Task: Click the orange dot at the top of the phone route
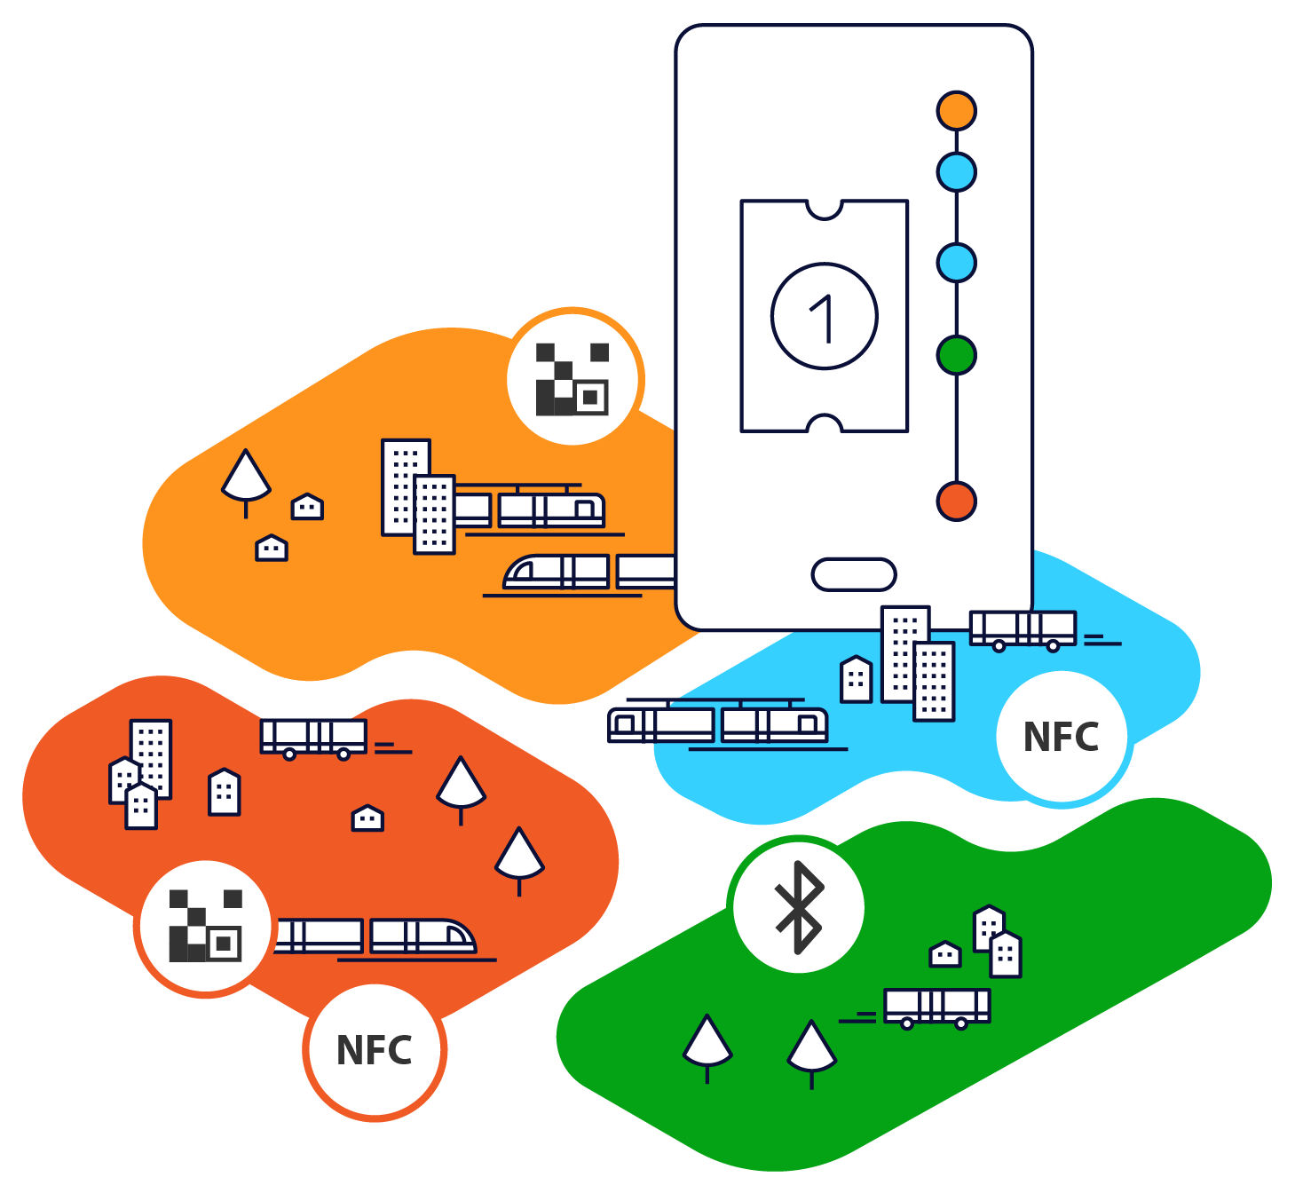[956, 110]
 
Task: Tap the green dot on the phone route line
[956, 354]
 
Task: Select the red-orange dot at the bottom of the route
[956, 502]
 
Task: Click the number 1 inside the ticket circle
[822, 319]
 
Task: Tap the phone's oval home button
[854, 574]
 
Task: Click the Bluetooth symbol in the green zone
[799, 906]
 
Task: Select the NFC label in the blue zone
[1061, 737]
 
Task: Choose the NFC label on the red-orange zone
[374, 1050]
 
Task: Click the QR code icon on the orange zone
[572, 379]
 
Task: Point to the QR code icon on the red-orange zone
[205, 926]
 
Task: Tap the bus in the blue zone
[1023, 630]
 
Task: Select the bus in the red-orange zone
[313, 739]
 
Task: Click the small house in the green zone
[945, 954]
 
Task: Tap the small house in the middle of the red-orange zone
[367, 818]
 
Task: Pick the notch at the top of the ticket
[825, 209]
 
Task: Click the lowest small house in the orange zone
[271, 548]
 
